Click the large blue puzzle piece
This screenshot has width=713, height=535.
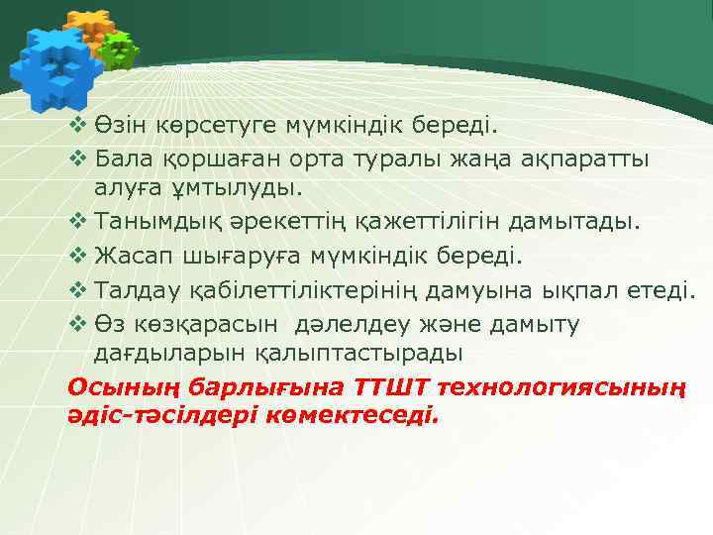(x=54, y=63)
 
